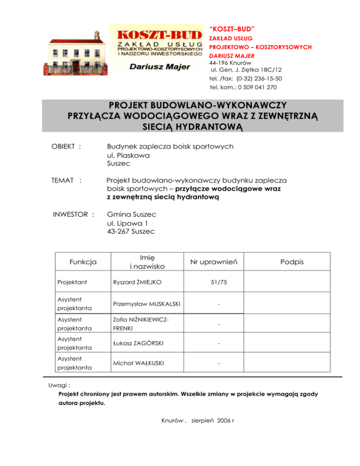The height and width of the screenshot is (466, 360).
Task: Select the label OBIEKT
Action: pyautogui.click(x=64, y=147)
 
